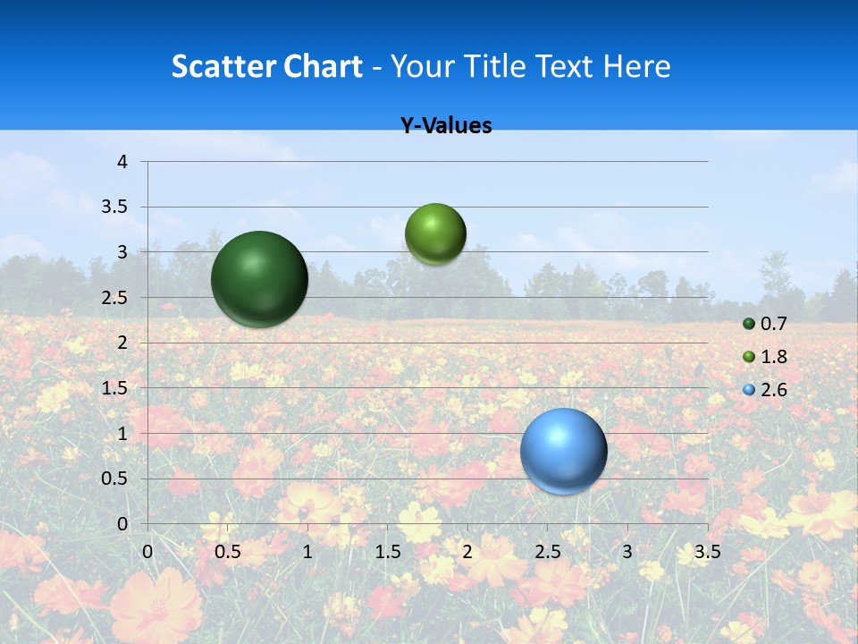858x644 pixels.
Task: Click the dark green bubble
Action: click(x=259, y=279)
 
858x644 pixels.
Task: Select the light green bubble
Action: click(x=435, y=234)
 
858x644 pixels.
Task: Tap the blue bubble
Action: click(x=563, y=451)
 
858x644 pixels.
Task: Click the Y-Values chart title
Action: click(x=446, y=126)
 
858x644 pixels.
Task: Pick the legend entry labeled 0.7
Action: click(x=765, y=324)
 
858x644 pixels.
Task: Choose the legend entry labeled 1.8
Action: click(x=765, y=357)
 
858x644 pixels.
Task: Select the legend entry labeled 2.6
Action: click(x=765, y=390)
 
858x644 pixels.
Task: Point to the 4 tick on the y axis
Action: click(x=122, y=162)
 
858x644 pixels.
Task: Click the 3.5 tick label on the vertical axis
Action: click(x=115, y=207)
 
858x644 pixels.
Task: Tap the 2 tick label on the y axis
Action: click(x=122, y=343)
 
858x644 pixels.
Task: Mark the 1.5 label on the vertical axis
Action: click(x=115, y=388)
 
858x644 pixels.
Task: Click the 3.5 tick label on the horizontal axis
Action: click(x=707, y=552)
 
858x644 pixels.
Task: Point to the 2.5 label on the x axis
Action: click(x=547, y=552)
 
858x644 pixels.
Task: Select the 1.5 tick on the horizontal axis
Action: click(x=387, y=552)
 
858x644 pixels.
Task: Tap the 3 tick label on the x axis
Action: click(x=627, y=552)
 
